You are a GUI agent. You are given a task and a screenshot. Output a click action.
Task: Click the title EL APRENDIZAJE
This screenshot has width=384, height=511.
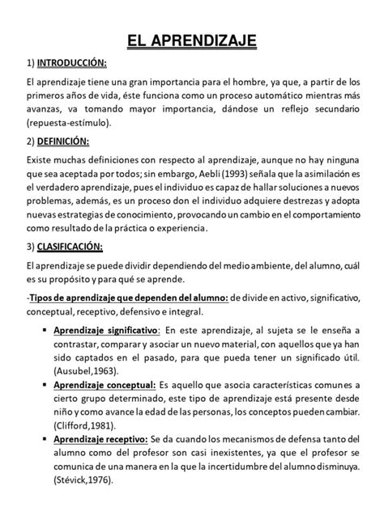192,40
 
